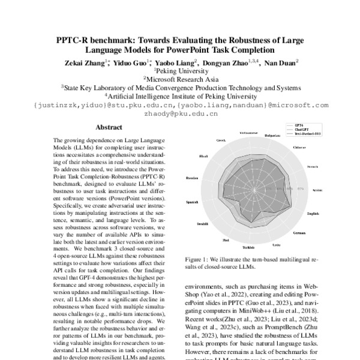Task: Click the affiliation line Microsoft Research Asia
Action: (x=179, y=79)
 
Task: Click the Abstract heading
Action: (x=109, y=128)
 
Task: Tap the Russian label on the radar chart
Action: (x=192, y=178)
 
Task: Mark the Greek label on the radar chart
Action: (x=221, y=140)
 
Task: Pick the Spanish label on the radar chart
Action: (x=193, y=202)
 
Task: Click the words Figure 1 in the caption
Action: (x=198, y=260)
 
